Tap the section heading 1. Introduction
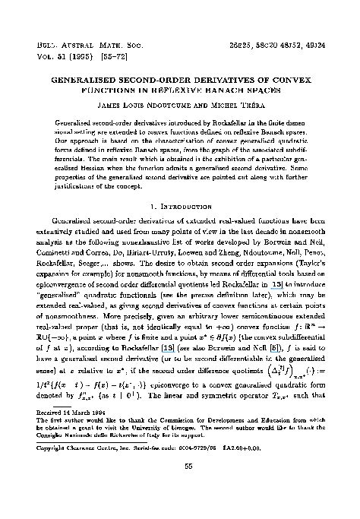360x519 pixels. click(x=179, y=205)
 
